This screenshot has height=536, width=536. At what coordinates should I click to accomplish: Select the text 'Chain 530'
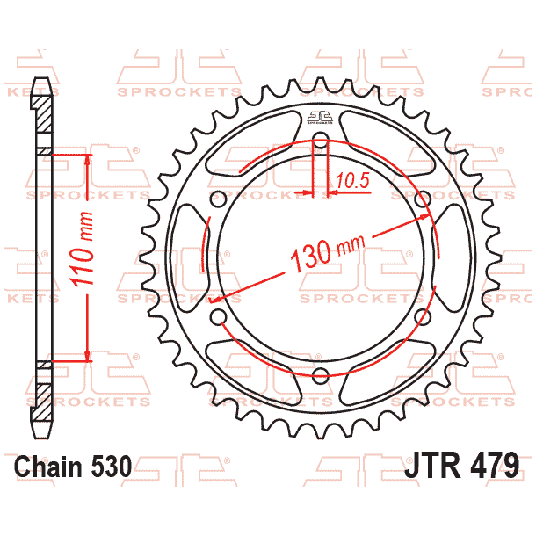(x=74, y=466)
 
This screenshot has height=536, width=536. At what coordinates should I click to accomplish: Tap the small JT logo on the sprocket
(x=320, y=120)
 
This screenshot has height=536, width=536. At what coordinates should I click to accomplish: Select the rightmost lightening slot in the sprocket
(x=455, y=257)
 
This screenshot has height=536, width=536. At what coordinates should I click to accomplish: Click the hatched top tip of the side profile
(x=41, y=97)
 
